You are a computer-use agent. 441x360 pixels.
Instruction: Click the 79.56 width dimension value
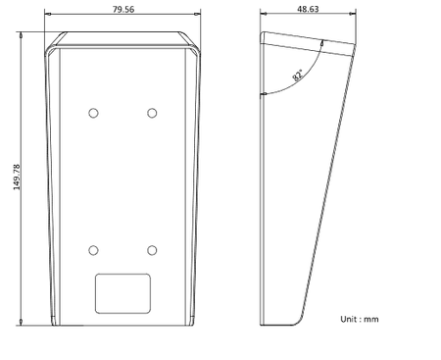[x=123, y=9]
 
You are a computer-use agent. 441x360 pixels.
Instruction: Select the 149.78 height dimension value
[x=17, y=177]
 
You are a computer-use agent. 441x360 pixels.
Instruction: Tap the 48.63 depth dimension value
[x=308, y=9]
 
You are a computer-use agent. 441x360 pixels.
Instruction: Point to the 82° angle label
[x=298, y=75]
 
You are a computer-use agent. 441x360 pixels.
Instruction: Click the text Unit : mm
[x=360, y=319]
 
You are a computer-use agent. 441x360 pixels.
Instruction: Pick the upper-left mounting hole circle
[x=93, y=113]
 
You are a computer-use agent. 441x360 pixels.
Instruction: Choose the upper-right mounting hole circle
[x=152, y=113]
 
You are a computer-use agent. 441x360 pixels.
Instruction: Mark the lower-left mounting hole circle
[x=93, y=250]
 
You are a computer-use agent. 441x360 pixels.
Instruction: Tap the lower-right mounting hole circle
[x=152, y=250]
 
